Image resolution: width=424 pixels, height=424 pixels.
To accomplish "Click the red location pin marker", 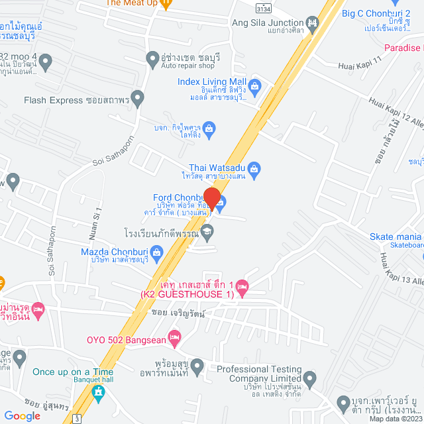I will point(211,199).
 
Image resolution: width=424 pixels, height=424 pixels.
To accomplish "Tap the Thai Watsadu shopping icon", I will point(261,170).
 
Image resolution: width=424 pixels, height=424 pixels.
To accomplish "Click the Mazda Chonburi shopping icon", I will point(156,252).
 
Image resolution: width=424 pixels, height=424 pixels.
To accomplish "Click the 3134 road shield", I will point(264,7).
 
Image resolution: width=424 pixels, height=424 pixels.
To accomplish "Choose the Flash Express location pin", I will point(138,100).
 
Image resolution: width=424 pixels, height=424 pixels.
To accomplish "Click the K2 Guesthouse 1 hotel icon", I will point(242,287).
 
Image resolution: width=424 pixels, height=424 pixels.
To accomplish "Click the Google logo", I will point(23,415).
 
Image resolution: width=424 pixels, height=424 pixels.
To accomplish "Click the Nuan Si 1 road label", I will point(93,223).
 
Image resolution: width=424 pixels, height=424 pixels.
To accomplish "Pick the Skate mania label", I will point(396,237).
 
